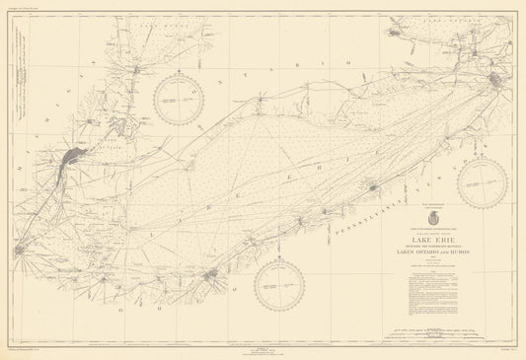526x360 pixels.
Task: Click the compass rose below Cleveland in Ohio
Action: (279, 287)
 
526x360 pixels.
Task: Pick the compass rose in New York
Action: (483, 183)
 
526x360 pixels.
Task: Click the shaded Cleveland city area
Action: (210, 275)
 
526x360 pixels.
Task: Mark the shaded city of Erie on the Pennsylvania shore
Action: (373, 186)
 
